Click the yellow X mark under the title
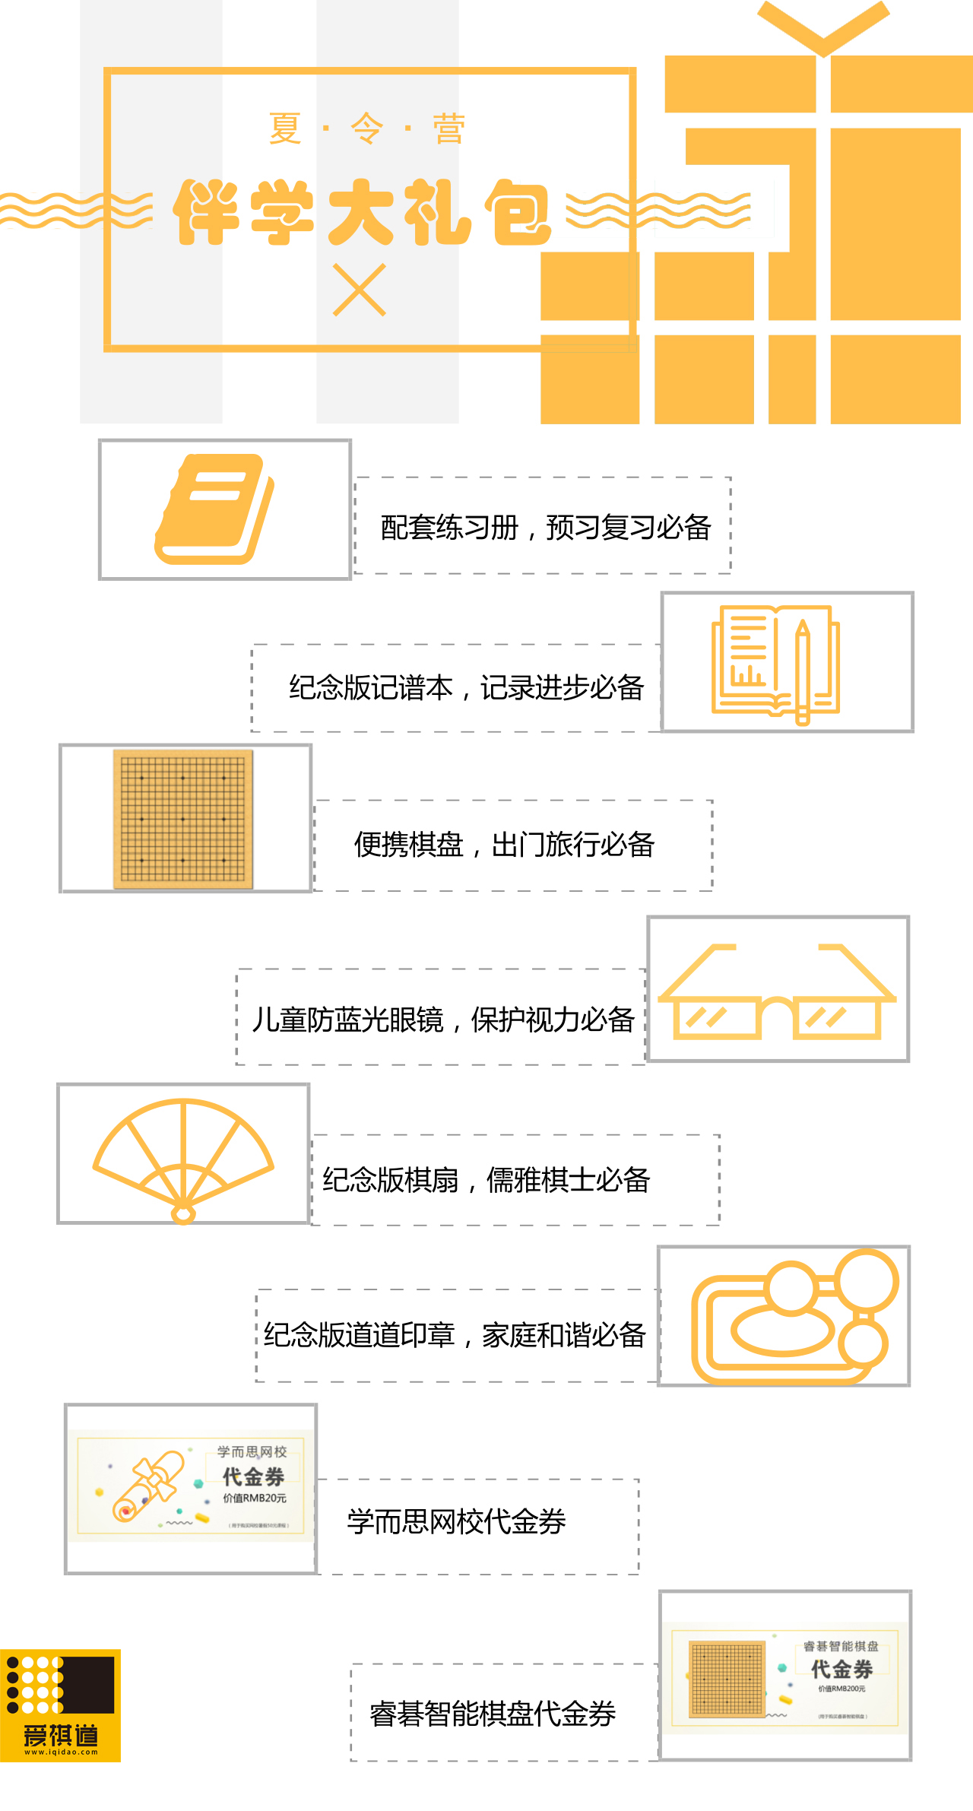(x=360, y=290)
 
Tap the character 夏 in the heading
(x=285, y=128)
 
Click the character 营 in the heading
(x=448, y=128)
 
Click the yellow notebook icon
(x=214, y=509)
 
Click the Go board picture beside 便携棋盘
(x=183, y=819)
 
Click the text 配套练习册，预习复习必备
(x=545, y=528)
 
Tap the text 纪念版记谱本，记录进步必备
(x=466, y=688)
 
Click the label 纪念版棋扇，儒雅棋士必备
(x=486, y=1180)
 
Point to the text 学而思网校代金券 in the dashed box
(x=457, y=1522)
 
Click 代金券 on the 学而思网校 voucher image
(x=253, y=1477)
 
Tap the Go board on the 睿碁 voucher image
(x=727, y=1679)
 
